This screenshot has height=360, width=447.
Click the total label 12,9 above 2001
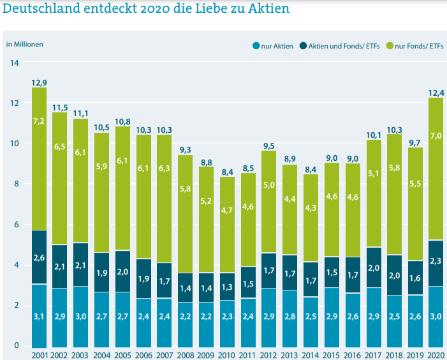(39, 82)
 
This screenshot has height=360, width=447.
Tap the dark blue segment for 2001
(39, 257)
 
